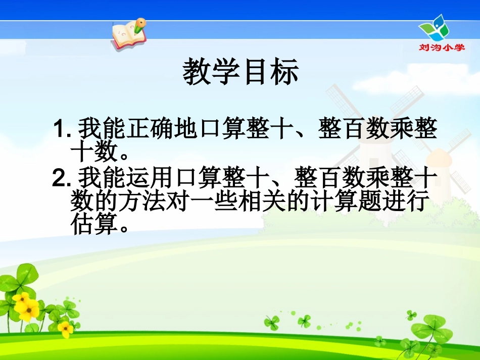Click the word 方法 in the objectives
(132, 203)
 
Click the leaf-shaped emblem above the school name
(435, 27)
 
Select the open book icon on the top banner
(127, 35)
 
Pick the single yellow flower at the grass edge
(65, 329)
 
